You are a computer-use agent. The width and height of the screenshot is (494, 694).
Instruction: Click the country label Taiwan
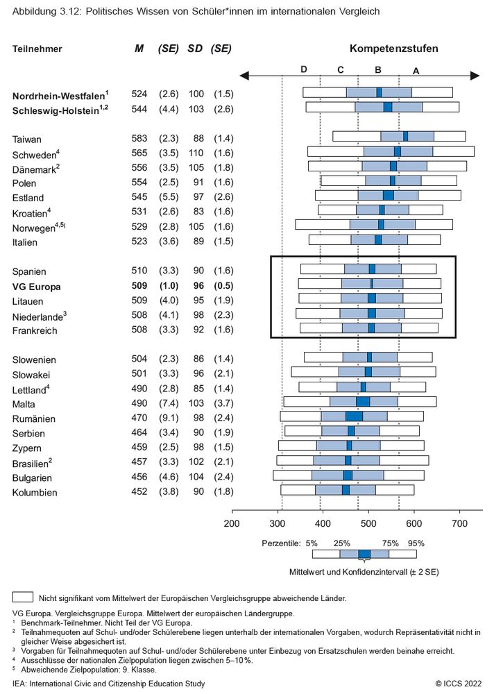point(27,139)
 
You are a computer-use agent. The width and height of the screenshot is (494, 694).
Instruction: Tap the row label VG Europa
point(36,287)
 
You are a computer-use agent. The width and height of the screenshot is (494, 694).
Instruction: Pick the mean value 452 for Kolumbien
point(139,493)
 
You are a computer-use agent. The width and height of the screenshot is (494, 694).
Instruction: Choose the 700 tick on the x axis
point(459,523)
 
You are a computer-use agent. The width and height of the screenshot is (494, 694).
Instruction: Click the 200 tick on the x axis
point(231,523)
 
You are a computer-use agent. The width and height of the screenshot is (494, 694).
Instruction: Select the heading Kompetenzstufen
point(393,49)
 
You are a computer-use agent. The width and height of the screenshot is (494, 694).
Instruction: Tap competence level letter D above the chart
point(303,69)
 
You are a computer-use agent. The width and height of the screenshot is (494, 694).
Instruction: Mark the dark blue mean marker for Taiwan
point(405,136)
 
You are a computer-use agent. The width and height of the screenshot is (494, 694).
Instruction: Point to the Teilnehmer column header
point(37,49)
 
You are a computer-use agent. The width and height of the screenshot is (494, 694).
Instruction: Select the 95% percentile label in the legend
point(416,543)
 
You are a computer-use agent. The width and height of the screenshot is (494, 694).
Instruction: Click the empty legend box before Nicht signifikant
point(23,597)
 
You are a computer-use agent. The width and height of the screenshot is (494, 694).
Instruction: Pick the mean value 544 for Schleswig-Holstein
point(139,109)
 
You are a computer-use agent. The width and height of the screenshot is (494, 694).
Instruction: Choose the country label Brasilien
point(31,464)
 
